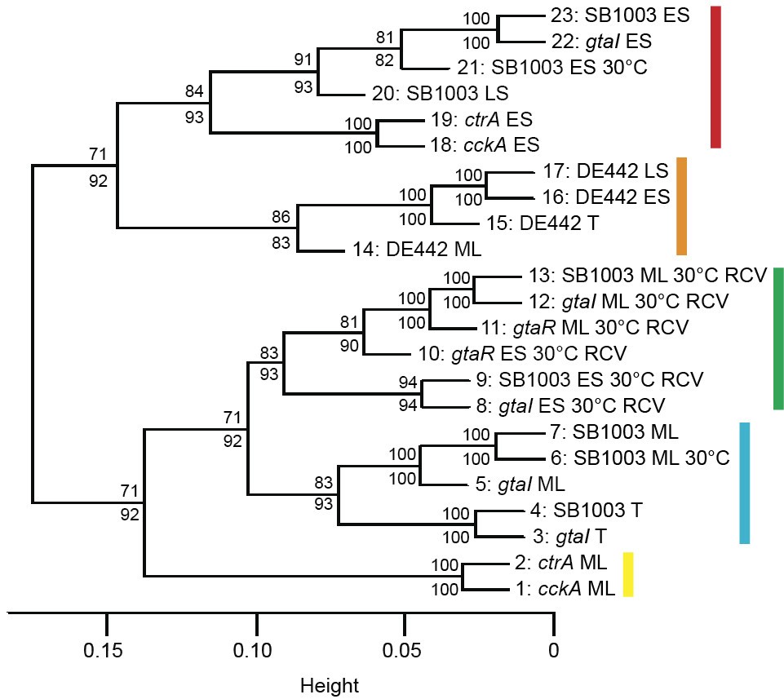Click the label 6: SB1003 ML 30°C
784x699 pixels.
634,458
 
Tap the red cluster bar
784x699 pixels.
716,77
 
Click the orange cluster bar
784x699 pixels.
682,206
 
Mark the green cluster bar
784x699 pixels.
778,338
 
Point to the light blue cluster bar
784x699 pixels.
744,483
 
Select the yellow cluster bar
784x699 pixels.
628,574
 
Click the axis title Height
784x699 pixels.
330,685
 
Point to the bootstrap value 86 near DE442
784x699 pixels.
281,218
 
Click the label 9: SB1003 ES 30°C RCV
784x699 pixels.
589,379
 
